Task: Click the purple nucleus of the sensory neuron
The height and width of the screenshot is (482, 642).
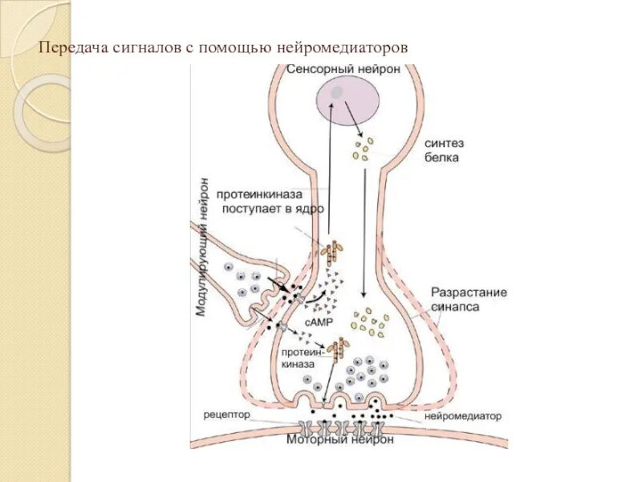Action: (x=347, y=101)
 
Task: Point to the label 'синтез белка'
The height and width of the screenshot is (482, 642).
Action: (x=443, y=149)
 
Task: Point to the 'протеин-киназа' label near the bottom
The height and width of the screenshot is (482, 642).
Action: (x=303, y=357)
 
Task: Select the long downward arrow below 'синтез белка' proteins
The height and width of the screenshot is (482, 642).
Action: (x=366, y=233)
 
